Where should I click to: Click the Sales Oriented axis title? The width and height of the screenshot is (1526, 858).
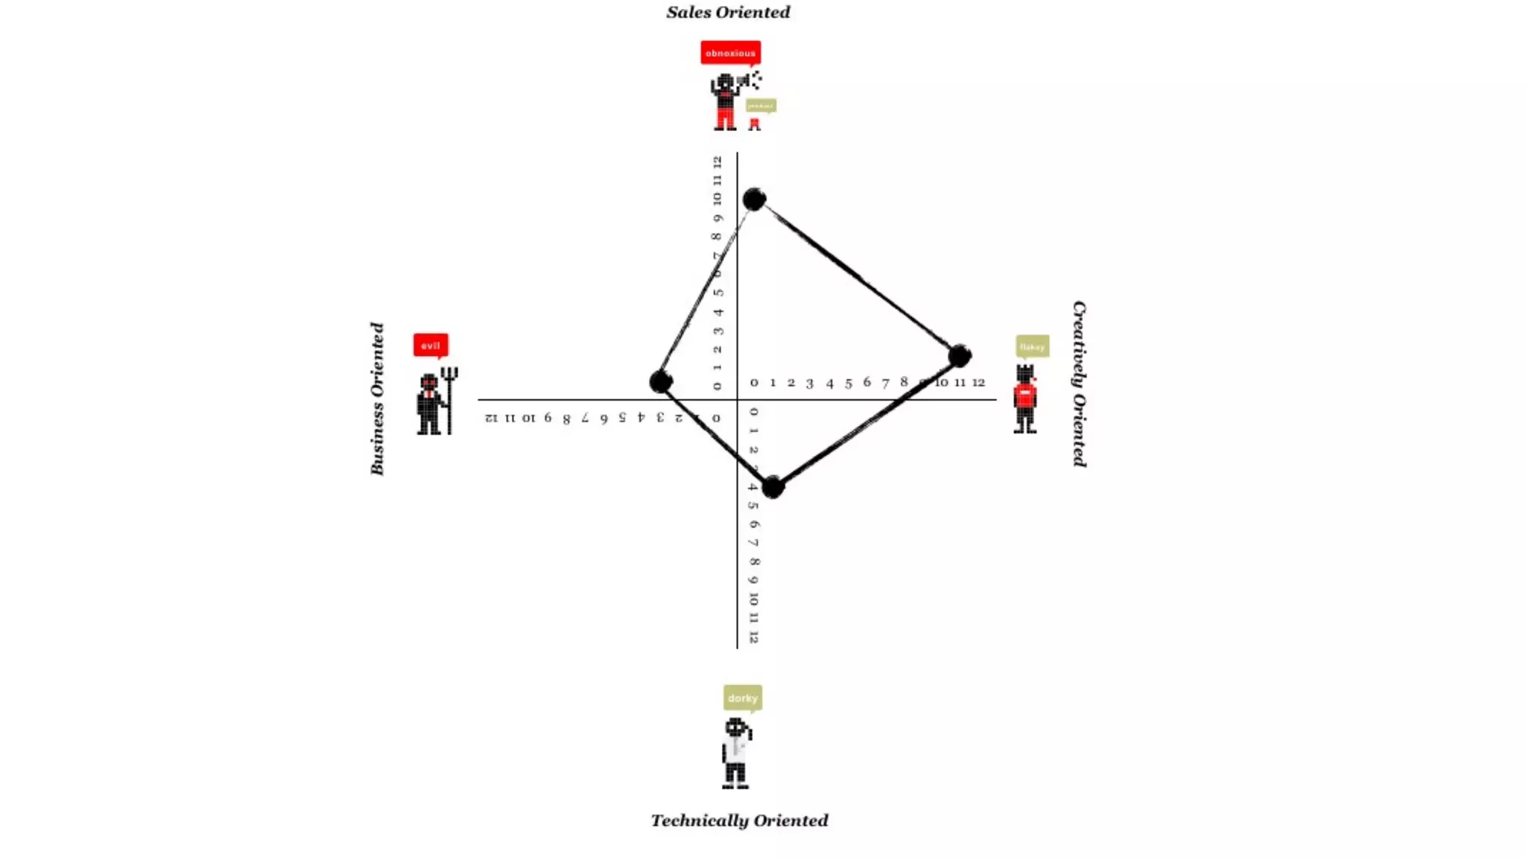coord(728,13)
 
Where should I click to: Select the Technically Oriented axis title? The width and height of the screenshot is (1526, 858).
coord(739,820)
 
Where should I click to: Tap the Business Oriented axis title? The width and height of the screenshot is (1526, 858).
coord(377,398)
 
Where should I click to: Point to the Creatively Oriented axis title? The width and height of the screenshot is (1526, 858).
coord(1079,384)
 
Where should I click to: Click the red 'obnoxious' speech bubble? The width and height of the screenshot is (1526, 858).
coord(730,53)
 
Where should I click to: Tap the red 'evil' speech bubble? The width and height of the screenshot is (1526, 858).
coord(431,346)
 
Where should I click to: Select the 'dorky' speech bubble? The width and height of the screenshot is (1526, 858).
coord(742,698)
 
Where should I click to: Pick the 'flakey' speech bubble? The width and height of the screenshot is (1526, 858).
coord(1032,346)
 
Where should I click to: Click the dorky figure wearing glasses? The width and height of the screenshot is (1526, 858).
coord(736,752)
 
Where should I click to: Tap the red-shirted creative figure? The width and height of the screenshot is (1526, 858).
coord(1025,398)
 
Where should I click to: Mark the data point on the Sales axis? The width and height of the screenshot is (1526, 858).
coord(754,199)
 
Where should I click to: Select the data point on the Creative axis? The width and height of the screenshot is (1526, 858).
coord(960,356)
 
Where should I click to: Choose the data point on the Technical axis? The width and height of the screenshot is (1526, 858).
coord(773,487)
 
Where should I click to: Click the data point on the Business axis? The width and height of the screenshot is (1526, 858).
coord(660,382)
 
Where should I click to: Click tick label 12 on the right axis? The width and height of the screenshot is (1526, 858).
coord(978,382)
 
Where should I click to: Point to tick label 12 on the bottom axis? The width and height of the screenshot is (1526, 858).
coord(753,638)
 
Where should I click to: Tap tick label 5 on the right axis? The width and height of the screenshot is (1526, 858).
coord(848,383)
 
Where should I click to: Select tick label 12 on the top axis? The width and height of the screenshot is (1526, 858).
coord(717,161)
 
